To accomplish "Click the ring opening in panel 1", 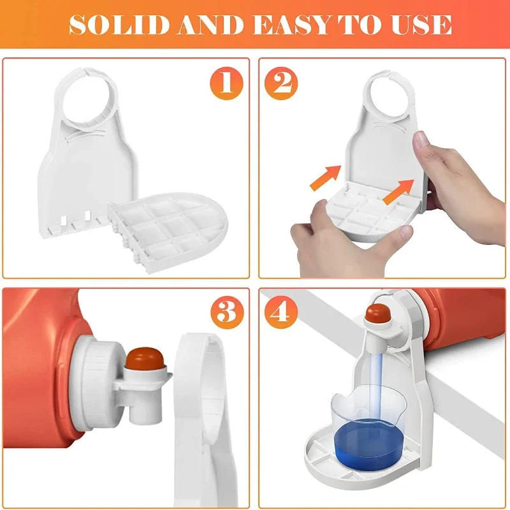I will click(x=91, y=102).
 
